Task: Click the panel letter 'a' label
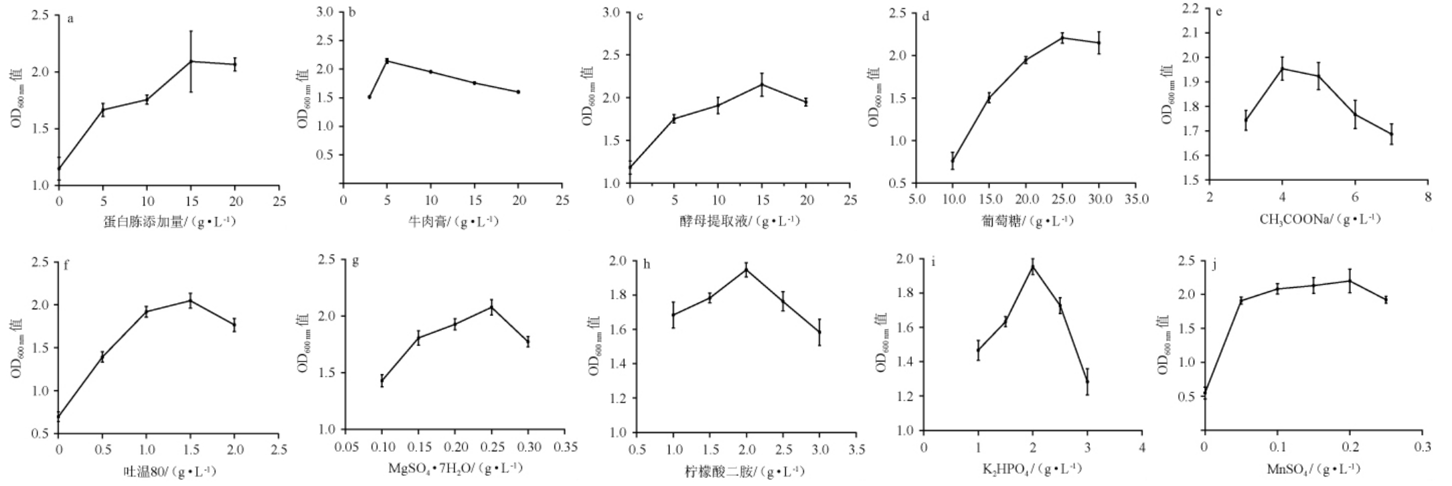point(70,19)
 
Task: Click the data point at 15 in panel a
point(191,62)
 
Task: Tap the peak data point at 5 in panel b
point(387,61)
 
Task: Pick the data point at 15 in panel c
point(762,84)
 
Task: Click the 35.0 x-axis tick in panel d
point(1136,199)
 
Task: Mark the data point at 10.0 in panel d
point(953,161)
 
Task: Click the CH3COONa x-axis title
point(1319,219)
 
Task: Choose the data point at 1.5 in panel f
point(191,301)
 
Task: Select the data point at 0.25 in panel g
point(492,307)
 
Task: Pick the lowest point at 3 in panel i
point(1087,382)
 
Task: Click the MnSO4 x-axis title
point(1313,469)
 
